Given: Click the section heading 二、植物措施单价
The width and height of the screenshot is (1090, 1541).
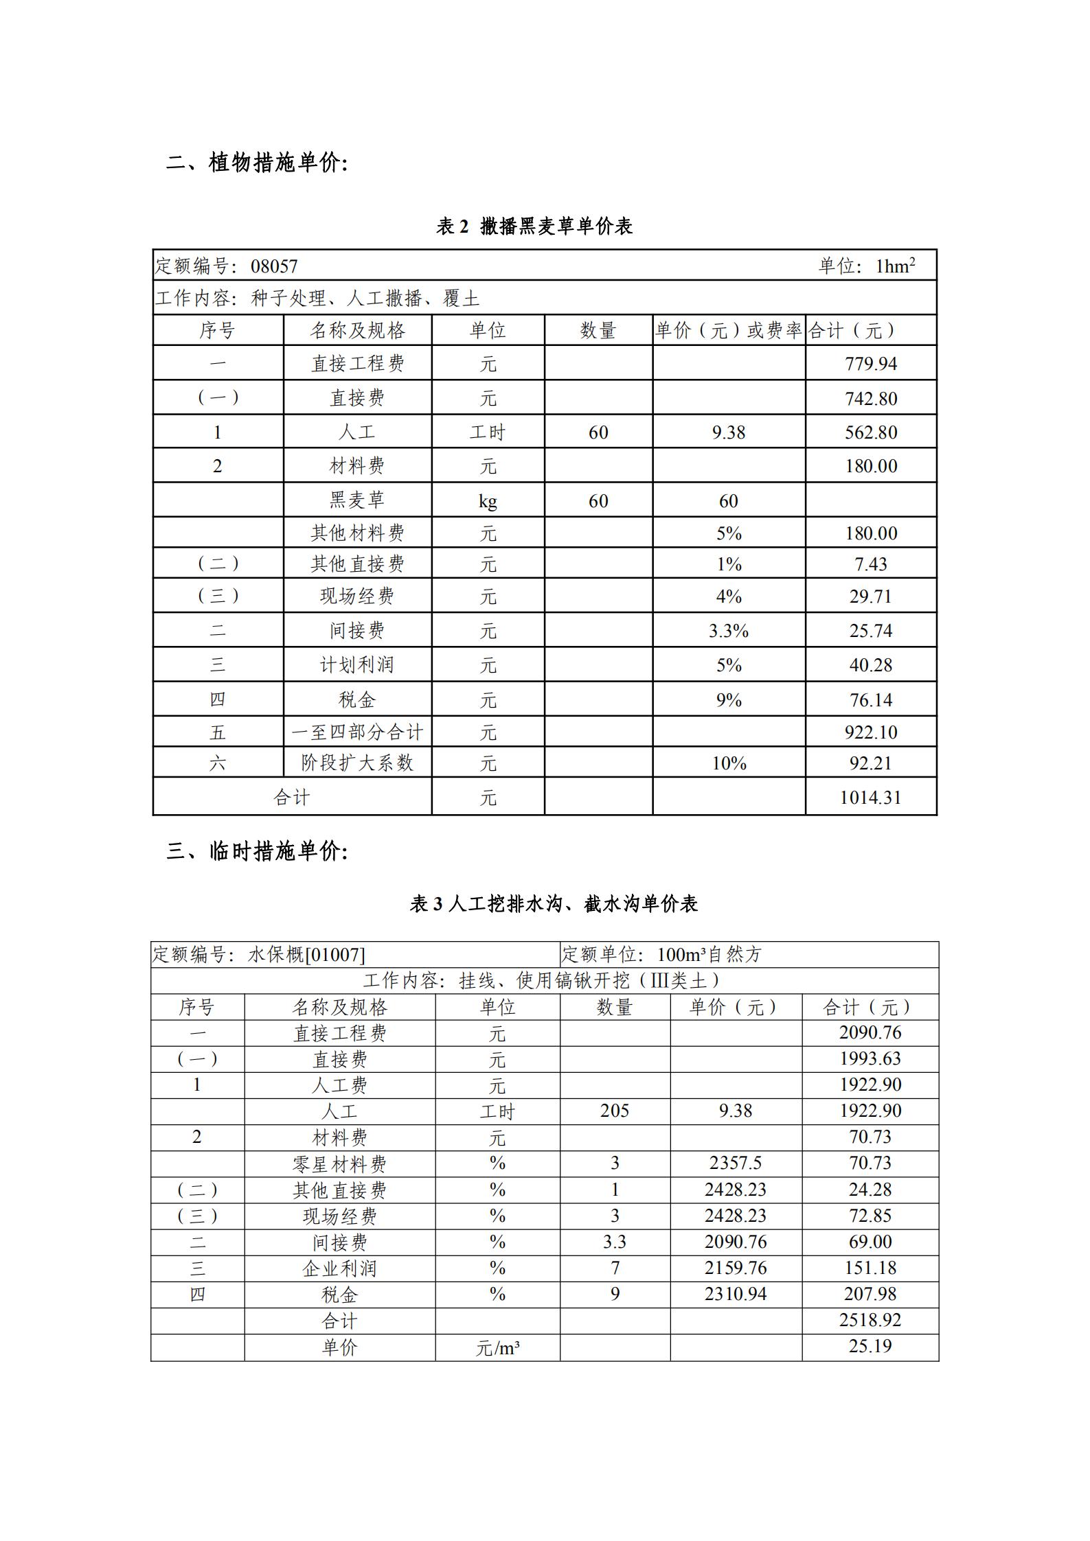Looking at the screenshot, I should (257, 163).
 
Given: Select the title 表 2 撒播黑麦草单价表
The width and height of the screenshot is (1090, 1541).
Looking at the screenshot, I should (534, 226).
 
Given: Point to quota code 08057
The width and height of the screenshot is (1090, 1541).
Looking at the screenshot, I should (274, 266).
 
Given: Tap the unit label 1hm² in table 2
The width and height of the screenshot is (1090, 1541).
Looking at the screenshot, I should (895, 266).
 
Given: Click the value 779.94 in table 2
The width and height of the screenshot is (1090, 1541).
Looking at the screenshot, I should (870, 363).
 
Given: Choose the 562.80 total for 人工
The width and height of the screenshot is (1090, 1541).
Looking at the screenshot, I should (870, 432).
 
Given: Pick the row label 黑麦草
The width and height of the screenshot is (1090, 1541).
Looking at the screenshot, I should (356, 500).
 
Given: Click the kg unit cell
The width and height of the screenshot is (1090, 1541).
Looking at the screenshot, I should (488, 501).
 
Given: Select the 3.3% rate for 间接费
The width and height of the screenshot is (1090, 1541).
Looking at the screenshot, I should (728, 631).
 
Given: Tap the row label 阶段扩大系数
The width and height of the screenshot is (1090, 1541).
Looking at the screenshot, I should (356, 763).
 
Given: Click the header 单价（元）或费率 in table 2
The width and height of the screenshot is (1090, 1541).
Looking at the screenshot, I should (728, 331).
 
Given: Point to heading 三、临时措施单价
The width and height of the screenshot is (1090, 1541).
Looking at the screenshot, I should (257, 852).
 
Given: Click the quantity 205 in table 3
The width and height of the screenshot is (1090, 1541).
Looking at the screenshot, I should (614, 1111).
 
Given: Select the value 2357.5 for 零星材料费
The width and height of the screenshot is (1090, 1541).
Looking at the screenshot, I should (735, 1163).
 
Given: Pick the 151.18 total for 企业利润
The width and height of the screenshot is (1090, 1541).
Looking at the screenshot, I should (870, 1268).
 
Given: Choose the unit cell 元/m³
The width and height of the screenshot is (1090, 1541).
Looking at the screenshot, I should (497, 1347).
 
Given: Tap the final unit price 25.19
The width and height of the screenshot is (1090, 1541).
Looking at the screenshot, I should (870, 1346).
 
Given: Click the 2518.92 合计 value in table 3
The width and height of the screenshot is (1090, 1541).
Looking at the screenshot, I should (870, 1320).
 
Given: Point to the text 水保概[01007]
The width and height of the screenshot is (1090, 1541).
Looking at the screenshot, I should (306, 955).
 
